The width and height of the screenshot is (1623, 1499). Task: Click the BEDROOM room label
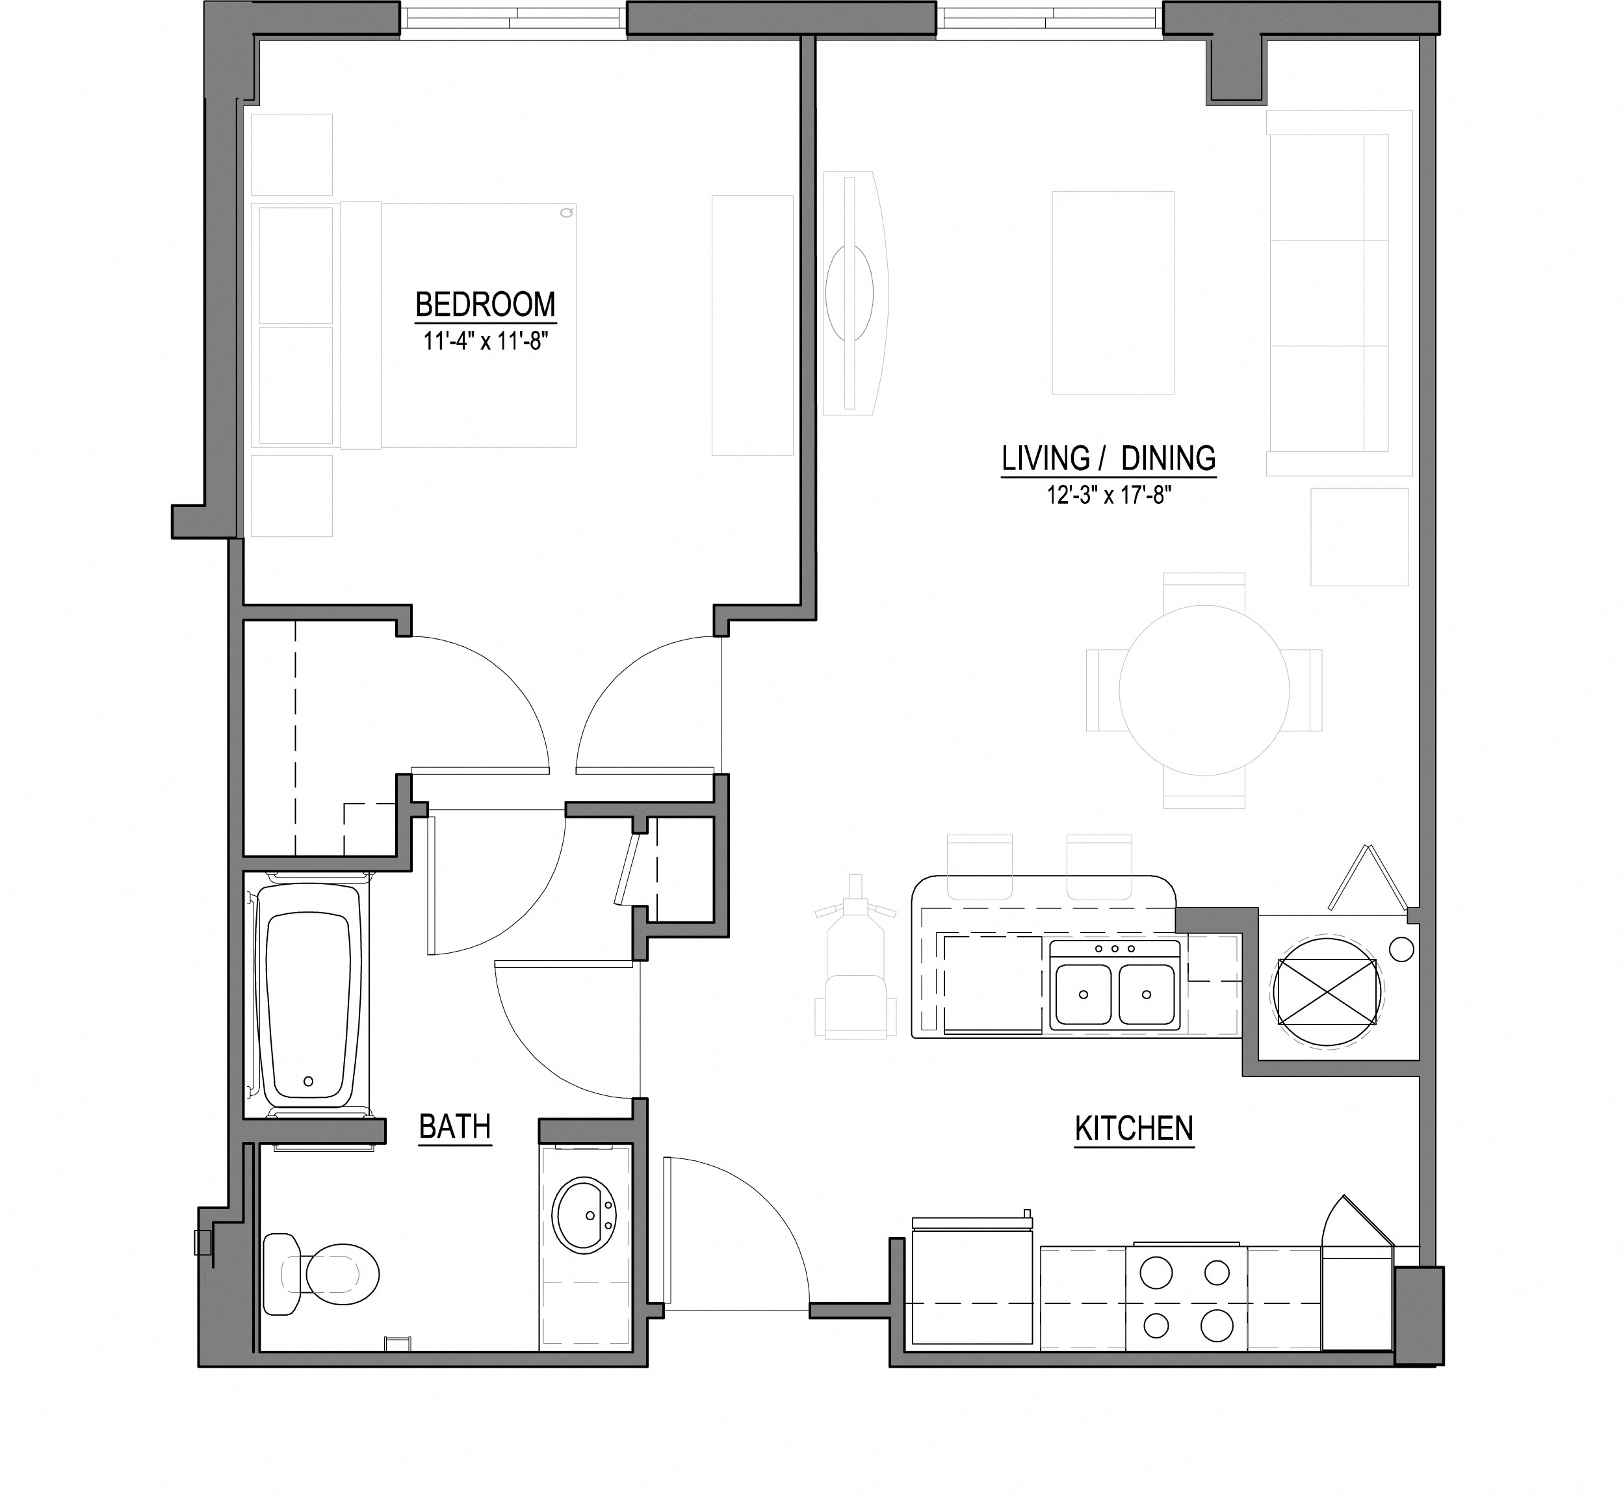tap(485, 305)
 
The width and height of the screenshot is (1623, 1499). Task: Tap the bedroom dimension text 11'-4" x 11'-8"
tap(485, 341)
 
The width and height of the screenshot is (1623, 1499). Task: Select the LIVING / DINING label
tap(1108, 459)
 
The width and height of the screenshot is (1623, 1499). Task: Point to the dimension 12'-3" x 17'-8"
tap(1108, 495)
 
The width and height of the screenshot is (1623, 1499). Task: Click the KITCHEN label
tap(1133, 1128)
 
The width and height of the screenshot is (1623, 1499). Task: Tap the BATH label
tap(454, 1127)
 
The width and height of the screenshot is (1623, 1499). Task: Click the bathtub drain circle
tap(307, 1081)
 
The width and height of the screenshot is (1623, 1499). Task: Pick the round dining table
tap(1204, 690)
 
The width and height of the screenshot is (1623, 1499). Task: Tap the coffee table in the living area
tap(1113, 293)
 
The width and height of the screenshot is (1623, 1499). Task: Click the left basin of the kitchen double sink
tap(1083, 994)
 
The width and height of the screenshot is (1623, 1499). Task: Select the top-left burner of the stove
tap(1156, 1272)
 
